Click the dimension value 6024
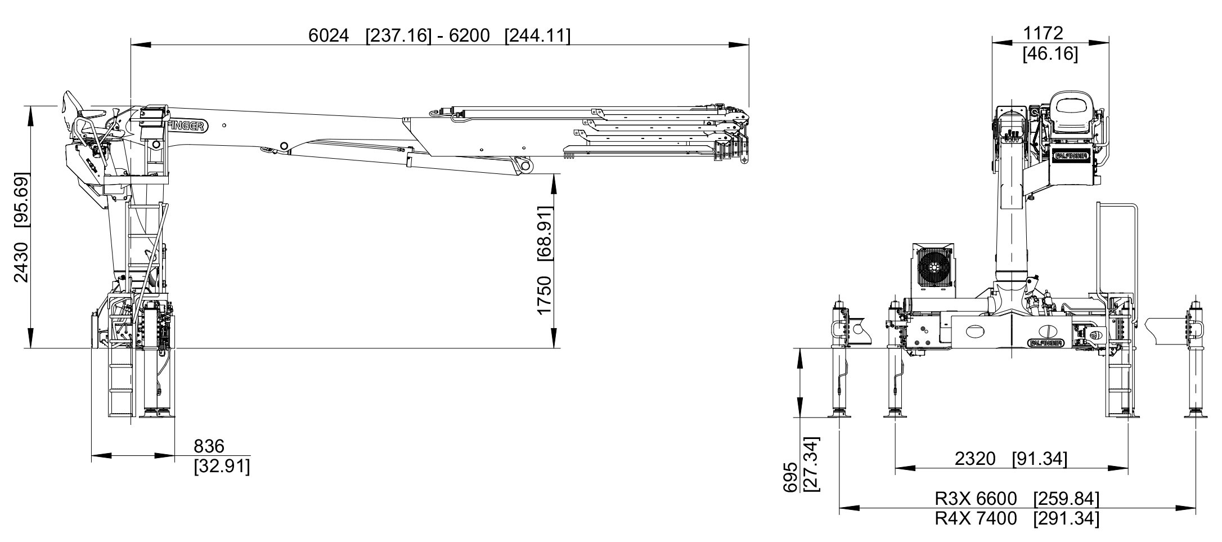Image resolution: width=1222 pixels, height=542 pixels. click(x=329, y=35)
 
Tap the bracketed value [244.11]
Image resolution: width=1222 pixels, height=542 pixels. click(x=537, y=35)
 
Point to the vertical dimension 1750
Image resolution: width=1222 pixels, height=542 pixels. click(x=544, y=295)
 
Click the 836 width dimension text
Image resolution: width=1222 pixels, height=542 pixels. click(x=209, y=446)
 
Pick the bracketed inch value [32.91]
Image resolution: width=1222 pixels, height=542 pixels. click(x=222, y=467)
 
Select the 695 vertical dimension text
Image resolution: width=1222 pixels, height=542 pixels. click(x=790, y=477)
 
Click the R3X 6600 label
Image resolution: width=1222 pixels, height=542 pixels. click(x=976, y=499)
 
